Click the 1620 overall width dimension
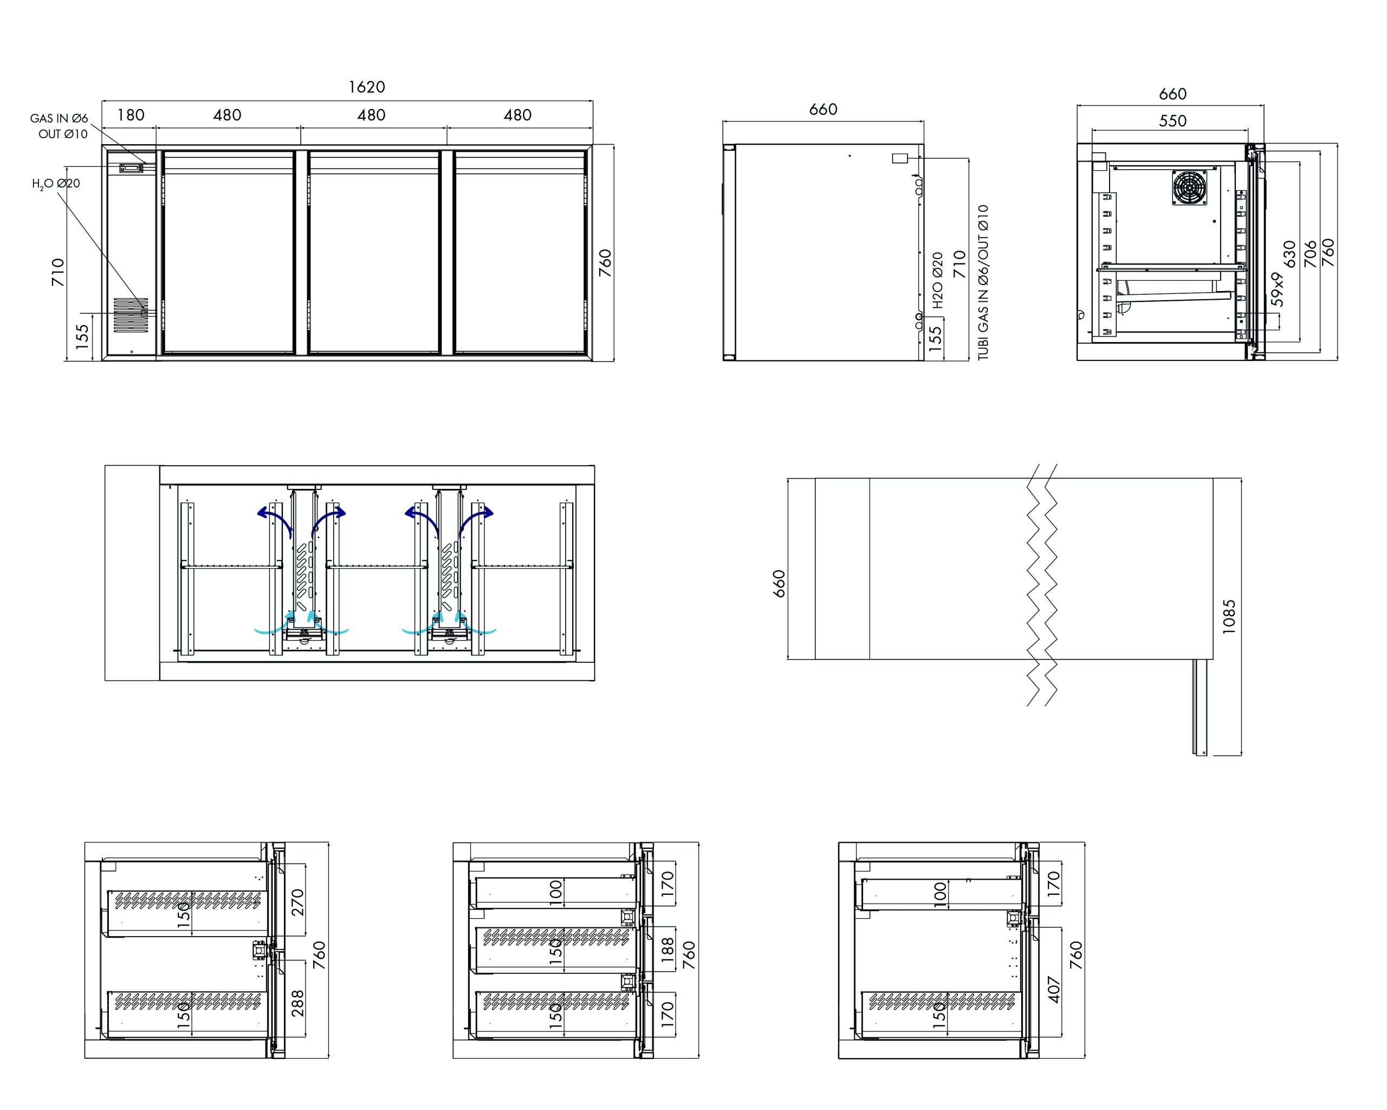[x=367, y=87]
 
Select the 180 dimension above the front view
[x=131, y=115]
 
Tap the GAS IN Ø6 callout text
[x=59, y=118]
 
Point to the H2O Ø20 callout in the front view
[x=56, y=184]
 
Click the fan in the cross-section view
[x=1189, y=187]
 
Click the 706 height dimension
[x=1310, y=254]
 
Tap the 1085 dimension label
[x=1229, y=616]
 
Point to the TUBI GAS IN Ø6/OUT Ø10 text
[x=983, y=282]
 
